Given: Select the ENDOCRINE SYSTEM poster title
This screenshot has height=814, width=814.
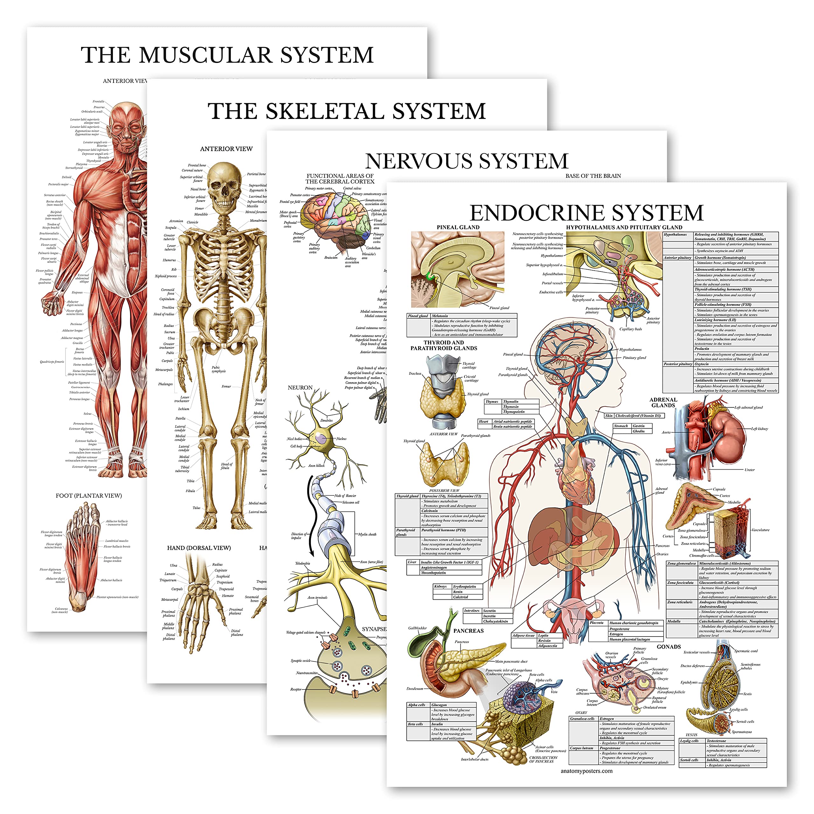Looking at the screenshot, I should point(586,213).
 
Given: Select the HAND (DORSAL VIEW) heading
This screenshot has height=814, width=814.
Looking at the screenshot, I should point(199,548).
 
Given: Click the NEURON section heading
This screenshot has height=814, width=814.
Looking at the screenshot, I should point(300,388).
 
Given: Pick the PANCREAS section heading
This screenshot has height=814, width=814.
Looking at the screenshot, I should point(468,631).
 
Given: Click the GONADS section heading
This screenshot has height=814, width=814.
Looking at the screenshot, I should point(669,647).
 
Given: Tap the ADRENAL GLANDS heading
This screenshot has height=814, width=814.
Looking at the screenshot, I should point(663,402).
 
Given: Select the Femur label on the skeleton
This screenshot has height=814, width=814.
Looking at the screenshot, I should point(226,386).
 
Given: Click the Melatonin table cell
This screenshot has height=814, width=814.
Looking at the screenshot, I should point(440,315).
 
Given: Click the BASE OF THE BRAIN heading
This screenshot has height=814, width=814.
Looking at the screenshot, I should point(593,176).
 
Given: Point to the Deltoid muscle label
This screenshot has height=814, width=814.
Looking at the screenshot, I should point(66,177).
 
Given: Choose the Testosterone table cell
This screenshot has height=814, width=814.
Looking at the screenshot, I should point(716,741).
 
